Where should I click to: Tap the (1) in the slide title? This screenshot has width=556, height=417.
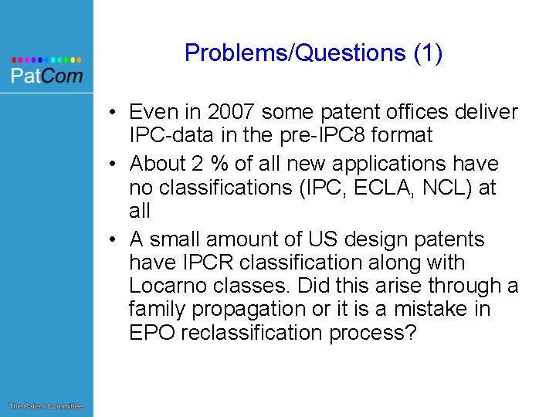(429, 53)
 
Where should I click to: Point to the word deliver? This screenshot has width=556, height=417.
(487, 113)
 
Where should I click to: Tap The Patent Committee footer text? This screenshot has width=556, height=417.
(46, 406)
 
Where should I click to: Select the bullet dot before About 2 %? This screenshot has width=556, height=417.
(113, 164)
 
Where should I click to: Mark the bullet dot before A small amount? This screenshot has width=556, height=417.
(113, 240)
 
